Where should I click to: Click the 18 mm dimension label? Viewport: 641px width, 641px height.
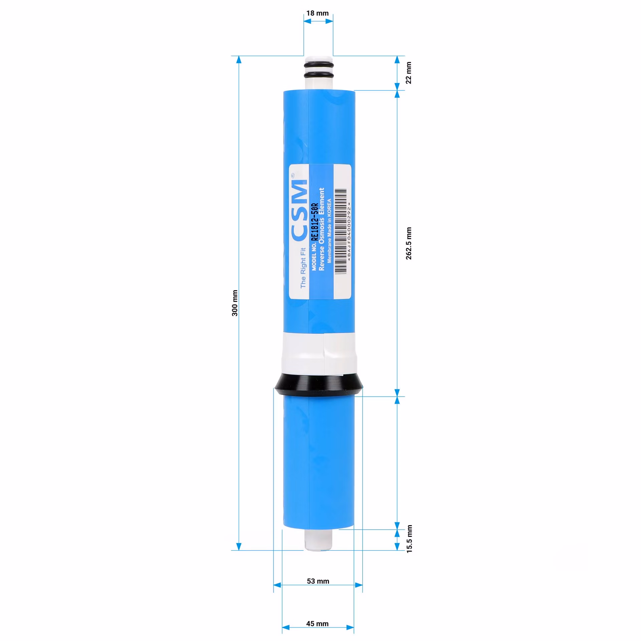pos(317,13)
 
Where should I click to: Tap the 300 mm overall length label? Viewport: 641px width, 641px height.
pos(235,303)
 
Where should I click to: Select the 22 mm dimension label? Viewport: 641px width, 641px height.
pos(409,73)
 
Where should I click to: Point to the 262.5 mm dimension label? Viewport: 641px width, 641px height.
pos(409,243)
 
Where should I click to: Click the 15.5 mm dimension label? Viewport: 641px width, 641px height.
pos(409,539)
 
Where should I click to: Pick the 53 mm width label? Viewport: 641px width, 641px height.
pos(318,581)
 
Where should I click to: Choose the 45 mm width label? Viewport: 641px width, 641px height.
pos(317,624)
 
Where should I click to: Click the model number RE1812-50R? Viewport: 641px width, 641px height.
pos(314,222)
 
